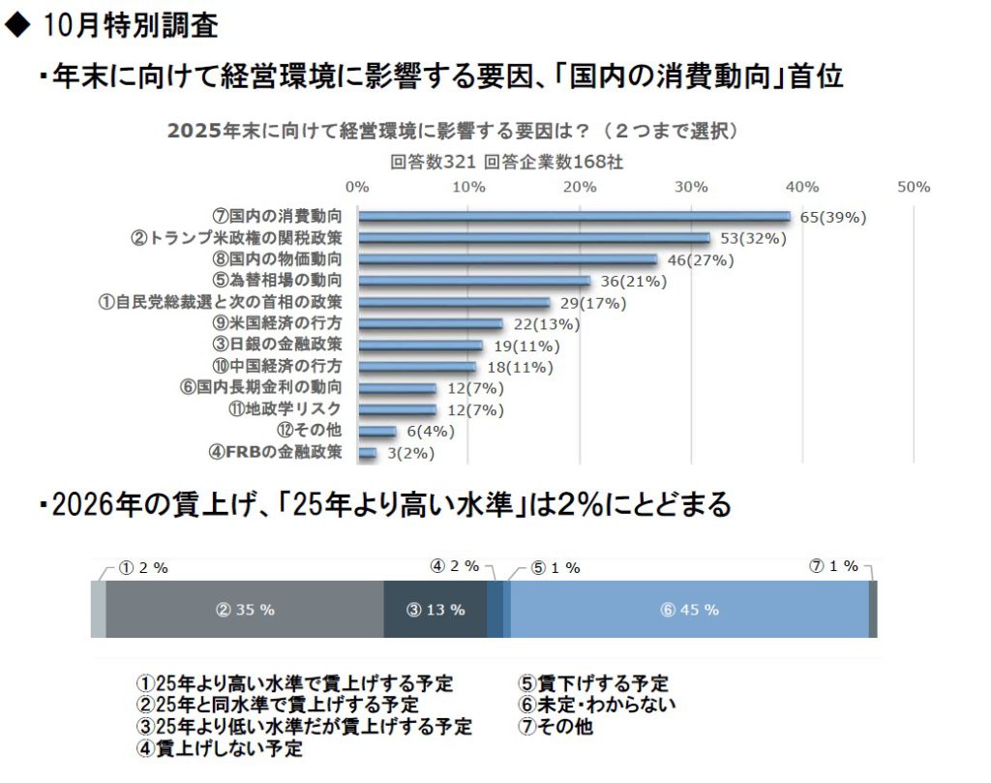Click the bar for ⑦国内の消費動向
[x=574, y=217]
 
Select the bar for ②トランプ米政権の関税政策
[x=533, y=238]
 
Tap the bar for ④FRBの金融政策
[x=367, y=452]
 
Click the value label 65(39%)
[x=832, y=217]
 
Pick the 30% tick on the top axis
[x=691, y=187]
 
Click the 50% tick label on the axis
[x=914, y=187]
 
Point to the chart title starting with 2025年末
[x=454, y=132]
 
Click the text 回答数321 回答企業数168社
[x=506, y=162]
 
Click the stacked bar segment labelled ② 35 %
[x=245, y=610]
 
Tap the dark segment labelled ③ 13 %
[x=435, y=610]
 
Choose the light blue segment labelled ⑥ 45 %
[x=688, y=610]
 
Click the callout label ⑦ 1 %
[x=833, y=566]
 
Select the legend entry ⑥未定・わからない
[x=597, y=705]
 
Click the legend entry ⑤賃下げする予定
[x=593, y=683]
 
